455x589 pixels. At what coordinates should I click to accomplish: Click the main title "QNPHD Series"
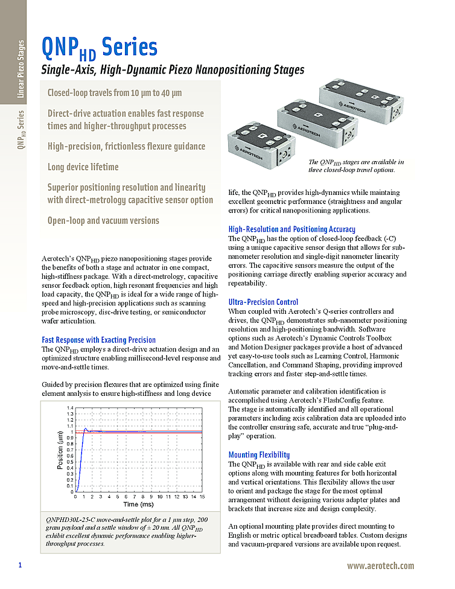click(x=99, y=47)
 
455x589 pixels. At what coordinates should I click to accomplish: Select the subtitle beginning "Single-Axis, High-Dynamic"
click(x=172, y=70)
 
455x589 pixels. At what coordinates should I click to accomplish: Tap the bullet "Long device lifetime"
click(x=83, y=167)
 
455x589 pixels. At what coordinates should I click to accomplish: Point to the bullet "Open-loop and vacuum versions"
click(x=103, y=220)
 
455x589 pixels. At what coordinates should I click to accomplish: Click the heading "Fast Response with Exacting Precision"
click(x=98, y=340)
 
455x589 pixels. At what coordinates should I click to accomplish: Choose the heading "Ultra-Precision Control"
click(x=263, y=302)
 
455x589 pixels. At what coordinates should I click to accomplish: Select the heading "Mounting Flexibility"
click(x=259, y=454)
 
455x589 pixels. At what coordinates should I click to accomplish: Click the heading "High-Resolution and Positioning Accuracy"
click(x=291, y=229)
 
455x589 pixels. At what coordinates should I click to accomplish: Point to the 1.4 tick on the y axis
click(x=71, y=409)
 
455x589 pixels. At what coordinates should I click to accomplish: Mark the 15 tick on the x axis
click(x=202, y=497)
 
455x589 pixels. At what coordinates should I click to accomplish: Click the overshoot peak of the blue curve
click(x=85, y=428)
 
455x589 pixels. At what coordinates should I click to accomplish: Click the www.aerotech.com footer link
click(x=380, y=565)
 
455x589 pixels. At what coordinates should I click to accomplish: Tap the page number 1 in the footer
click(x=20, y=565)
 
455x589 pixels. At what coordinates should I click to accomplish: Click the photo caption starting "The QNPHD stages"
click(x=356, y=166)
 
